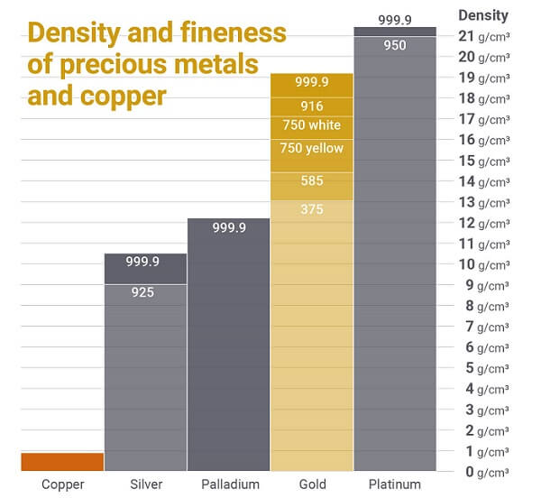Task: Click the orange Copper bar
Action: pos(62,461)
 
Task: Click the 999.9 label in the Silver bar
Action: pos(145,262)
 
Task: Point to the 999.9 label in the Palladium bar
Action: pos(229,228)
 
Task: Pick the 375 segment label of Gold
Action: pos(312,210)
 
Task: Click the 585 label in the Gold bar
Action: pos(312,181)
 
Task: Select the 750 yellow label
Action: pos(312,148)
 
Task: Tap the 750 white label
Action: pos(312,125)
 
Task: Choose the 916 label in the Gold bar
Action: pos(312,106)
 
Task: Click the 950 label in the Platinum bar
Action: pos(395,44)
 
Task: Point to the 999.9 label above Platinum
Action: pos(395,18)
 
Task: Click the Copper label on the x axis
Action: pos(62,484)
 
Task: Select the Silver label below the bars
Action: pos(145,484)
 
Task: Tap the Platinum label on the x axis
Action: pos(395,484)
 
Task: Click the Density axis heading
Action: pos(483,14)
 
